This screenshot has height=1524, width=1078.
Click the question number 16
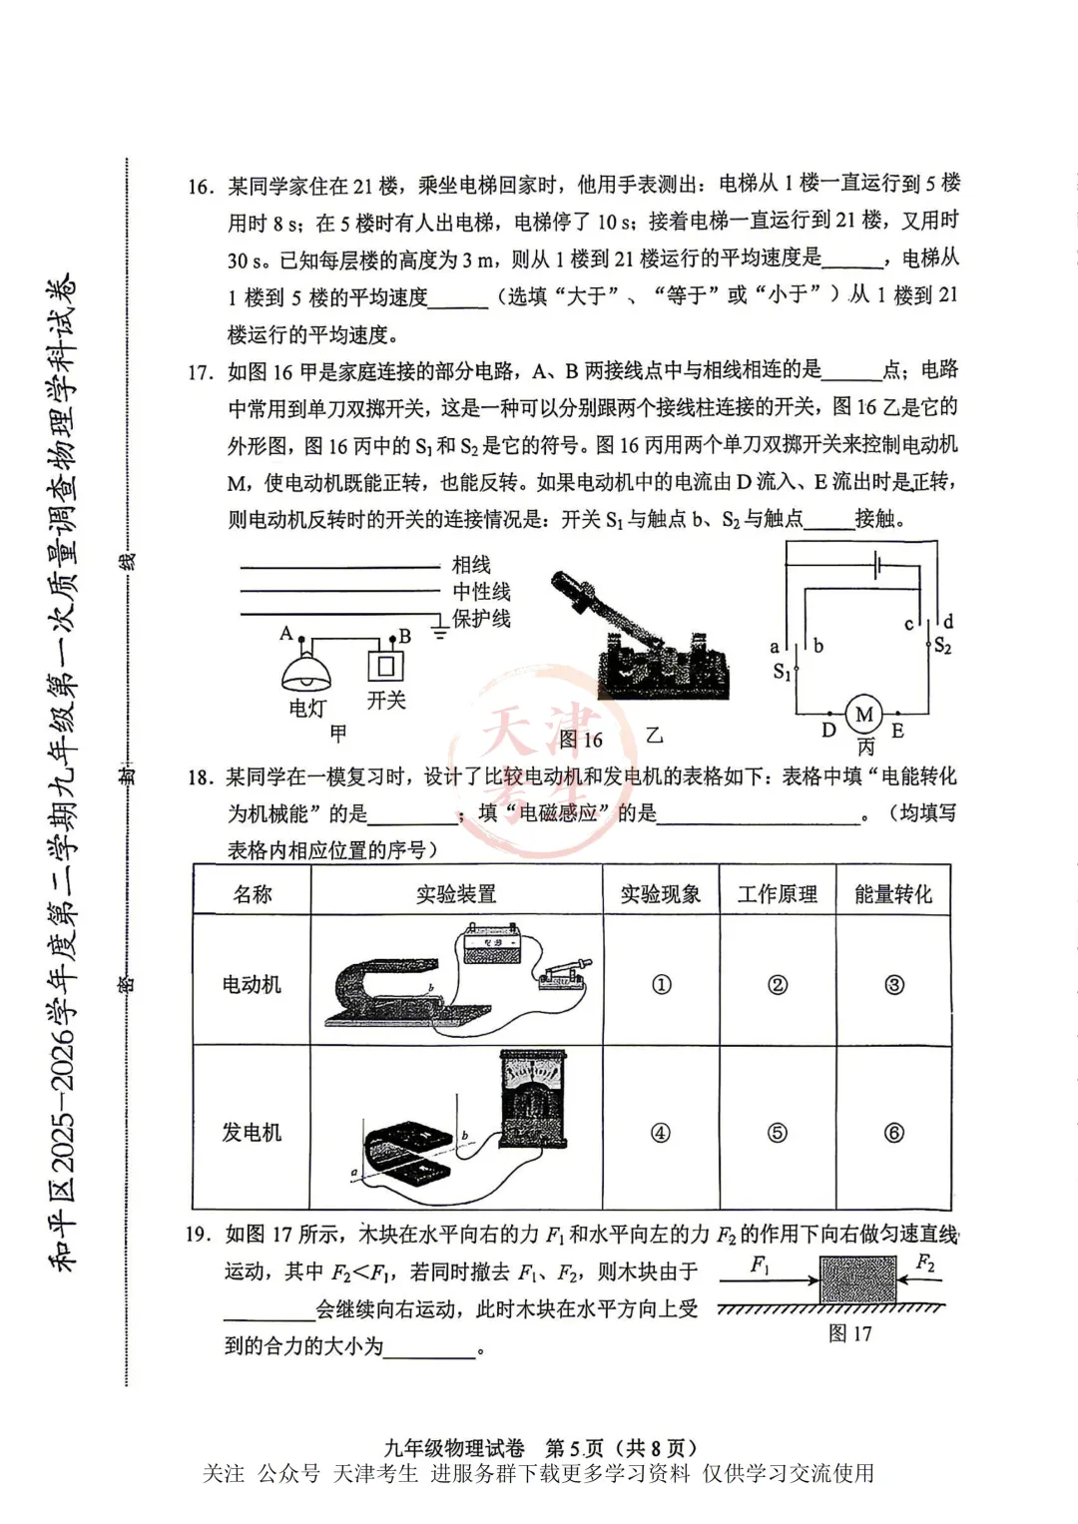pyautogui.click(x=200, y=187)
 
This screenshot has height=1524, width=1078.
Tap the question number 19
pyautogui.click(x=198, y=1235)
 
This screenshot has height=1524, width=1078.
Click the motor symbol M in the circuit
pyautogui.click(x=864, y=715)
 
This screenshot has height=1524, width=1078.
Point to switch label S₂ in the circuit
pyautogui.click(x=942, y=646)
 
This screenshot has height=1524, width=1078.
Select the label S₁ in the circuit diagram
pyautogui.click(x=782, y=672)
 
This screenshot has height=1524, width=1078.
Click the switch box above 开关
pyautogui.click(x=386, y=664)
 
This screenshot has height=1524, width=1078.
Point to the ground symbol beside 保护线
pyautogui.click(x=439, y=628)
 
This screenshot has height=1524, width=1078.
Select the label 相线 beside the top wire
pyautogui.click(x=471, y=565)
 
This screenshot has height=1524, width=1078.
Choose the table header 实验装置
pyautogui.click(x=456, y=893)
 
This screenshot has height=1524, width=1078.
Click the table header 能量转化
pyautogui.click(x=892, y=893)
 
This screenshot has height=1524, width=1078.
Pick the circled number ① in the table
pyautogui.click(x=661, y=984)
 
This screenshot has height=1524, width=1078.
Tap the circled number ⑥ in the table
pyautogui.click(x=893, y=1132)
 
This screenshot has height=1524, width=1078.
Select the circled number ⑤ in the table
pyautogui.click(x=777, y=1132)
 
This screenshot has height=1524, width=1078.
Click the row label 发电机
pyautogui.click(x=252, y=1132)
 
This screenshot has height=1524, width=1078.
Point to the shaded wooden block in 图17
pyautogui.click(x=859, y=1278)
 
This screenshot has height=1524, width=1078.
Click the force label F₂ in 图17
pyautogui.click(x=925, y=1264)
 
